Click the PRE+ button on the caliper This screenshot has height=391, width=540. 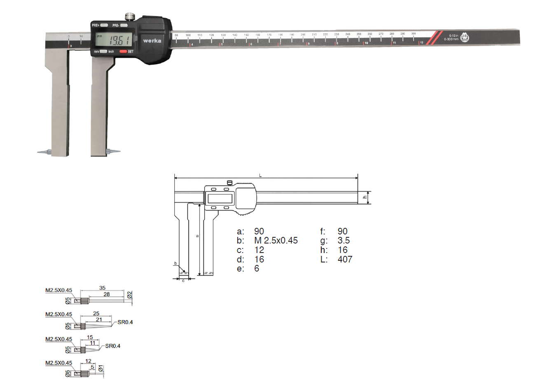coord(104,26)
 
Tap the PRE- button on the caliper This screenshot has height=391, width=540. coord(124,26)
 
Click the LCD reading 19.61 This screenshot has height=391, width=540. coord(119,41)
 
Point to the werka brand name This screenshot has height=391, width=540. coord(152,41)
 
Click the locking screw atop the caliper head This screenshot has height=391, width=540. coord(130,17)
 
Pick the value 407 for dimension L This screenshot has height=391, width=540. coord(344,260)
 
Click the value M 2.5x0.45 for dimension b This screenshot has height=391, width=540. coord(276,241)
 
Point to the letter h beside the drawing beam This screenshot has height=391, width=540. coord(365,197)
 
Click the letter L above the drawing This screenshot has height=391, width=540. coord(260,176)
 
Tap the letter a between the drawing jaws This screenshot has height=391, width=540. coord(197,236)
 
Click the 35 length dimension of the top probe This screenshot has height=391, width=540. coord(102,288)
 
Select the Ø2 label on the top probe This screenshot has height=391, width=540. coord(129,295)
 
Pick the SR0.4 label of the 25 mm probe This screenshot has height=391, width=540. coord(125,322)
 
